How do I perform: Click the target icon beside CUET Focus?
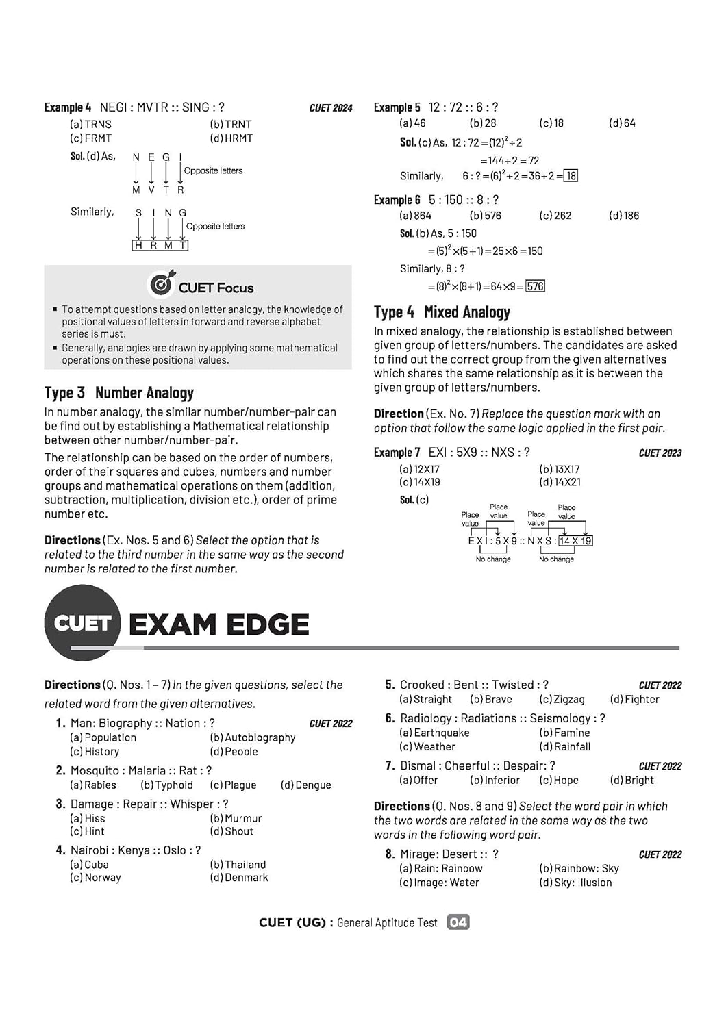point(162,283)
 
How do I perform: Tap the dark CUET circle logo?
point(82,623)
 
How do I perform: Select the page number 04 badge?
point(458,922)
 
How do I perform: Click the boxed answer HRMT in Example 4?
point(160,245)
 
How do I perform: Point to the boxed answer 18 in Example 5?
point(571,176)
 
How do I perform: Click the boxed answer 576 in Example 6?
point(536,286)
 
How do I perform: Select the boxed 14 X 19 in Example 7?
point(575,541)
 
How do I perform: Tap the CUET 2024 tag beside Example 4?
point(331,108)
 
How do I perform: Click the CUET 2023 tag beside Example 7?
point(660,453)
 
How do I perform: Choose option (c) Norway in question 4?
point(95,878)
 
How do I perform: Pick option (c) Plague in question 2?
point(234,785)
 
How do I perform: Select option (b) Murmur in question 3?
point(236,818)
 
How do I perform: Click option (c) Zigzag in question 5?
point(562,700)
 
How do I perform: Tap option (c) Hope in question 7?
point(559,781)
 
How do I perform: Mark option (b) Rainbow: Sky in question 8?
point(579,869)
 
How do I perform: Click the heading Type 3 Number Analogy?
point(119,393)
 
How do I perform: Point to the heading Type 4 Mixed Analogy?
point(442,312)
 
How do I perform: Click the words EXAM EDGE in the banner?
point(219,624)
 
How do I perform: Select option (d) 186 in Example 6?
point(624,216)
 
